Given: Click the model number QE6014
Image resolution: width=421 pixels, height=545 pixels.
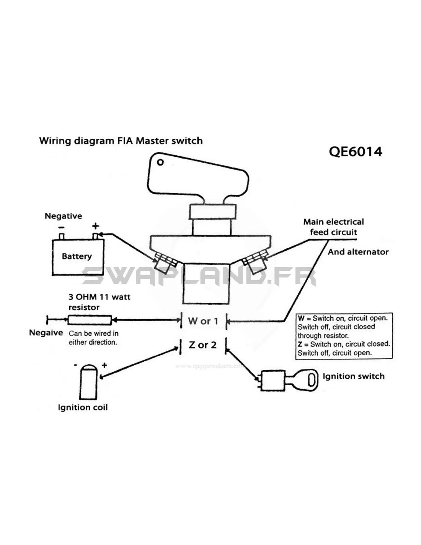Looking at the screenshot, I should (x=355, y=152).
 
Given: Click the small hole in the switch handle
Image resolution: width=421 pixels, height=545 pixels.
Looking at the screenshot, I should (x=160, y=162).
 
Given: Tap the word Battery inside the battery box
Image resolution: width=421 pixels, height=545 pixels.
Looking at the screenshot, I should (x=77, y=256).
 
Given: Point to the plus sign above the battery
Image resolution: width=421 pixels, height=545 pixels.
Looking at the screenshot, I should (x=95, y=226).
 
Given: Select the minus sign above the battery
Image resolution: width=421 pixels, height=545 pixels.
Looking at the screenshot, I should (x=61, y=227).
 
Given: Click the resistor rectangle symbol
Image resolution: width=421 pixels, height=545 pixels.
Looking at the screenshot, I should (x=90, y=320).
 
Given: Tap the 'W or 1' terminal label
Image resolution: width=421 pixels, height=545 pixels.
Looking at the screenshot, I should (x=203, y=321).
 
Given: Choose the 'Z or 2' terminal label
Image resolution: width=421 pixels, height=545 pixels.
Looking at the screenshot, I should (x=202, y=345).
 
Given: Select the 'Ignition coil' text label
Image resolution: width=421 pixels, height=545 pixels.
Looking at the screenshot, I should (x=83, y=407).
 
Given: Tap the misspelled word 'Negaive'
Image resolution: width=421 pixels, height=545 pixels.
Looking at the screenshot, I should (x=46, y=333).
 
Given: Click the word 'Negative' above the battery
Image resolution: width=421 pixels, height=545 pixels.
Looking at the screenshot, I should (x=63, y=216).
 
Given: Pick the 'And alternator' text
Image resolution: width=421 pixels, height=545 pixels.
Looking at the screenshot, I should (x=358, y=252).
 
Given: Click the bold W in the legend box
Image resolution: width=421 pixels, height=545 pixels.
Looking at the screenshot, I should (x=301, y=318).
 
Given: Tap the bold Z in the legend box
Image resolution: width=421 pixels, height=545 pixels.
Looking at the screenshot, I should (x=300, y=344).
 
